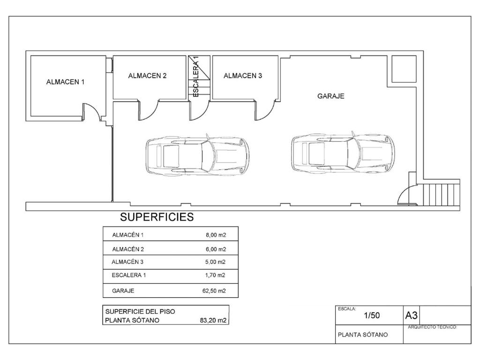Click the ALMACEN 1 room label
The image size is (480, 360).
point(65,82)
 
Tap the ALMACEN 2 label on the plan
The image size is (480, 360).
point(147,76)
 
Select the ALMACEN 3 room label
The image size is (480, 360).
point(243,76)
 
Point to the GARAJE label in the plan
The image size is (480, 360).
point(330,96)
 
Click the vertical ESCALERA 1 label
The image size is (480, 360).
point(196,76)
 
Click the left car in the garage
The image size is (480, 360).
point(197,155)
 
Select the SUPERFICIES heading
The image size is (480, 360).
point(157,217)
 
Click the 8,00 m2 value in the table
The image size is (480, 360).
point(216,235)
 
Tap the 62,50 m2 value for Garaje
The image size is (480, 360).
point(214,291)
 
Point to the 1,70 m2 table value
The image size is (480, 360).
point(215,275)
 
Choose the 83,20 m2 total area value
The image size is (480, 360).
point(213,321)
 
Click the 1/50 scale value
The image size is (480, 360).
point(372,315)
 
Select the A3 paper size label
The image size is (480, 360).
point(411,315)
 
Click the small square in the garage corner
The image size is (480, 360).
point(404,69)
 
